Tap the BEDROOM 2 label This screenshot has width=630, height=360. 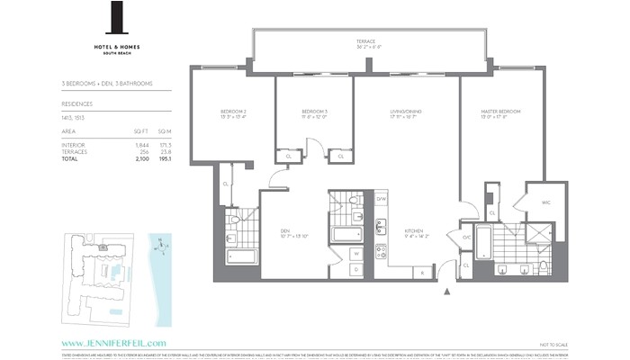(x=233, y=111)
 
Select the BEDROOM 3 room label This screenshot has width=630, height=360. (x=313, y=111)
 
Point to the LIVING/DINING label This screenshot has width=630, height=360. (x=405, y=111)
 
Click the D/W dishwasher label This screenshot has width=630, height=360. (x=382, y=199)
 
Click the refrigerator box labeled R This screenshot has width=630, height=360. (x=420, y=272)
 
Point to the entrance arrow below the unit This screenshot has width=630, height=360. (x=447, y=291)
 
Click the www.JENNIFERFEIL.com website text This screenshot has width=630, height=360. (x=114, y=343)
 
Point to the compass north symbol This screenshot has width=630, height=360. (x=159, y=243)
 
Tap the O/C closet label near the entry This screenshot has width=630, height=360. (x=466, y=238)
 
